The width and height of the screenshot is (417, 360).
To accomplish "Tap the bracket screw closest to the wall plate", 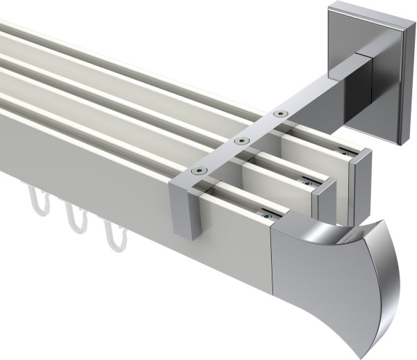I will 280,113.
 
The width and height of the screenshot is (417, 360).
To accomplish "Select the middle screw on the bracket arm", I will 240,140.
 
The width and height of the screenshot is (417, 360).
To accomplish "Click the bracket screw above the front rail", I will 199,170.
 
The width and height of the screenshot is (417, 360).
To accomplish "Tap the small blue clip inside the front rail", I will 265,215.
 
